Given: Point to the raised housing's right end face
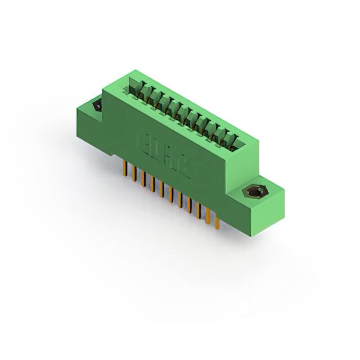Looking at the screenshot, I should tap(243, 163).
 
